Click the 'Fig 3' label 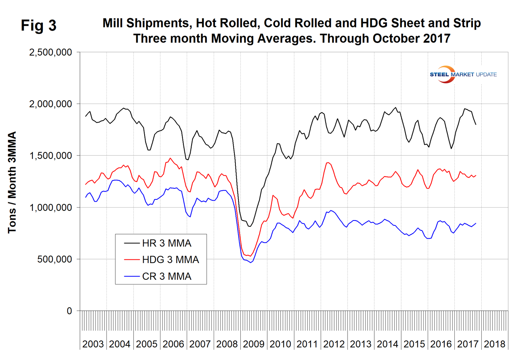click(38, 26)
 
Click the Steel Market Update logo click(463, 74)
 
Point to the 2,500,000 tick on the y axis click(51, 52)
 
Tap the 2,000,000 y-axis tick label click(51, 104)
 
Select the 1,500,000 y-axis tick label click(51, 156)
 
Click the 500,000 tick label click(54, 259)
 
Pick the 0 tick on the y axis click(69, 311)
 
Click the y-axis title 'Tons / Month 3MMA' click(12, 182)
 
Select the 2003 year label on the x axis click(93, 344)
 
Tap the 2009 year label click(254, 344)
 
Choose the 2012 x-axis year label click(334, 344)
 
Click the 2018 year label click(494, 344)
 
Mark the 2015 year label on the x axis click(414, 344)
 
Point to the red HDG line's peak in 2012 click(328, 162)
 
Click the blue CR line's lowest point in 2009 click(251, 262)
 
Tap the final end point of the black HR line click(476, 125)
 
